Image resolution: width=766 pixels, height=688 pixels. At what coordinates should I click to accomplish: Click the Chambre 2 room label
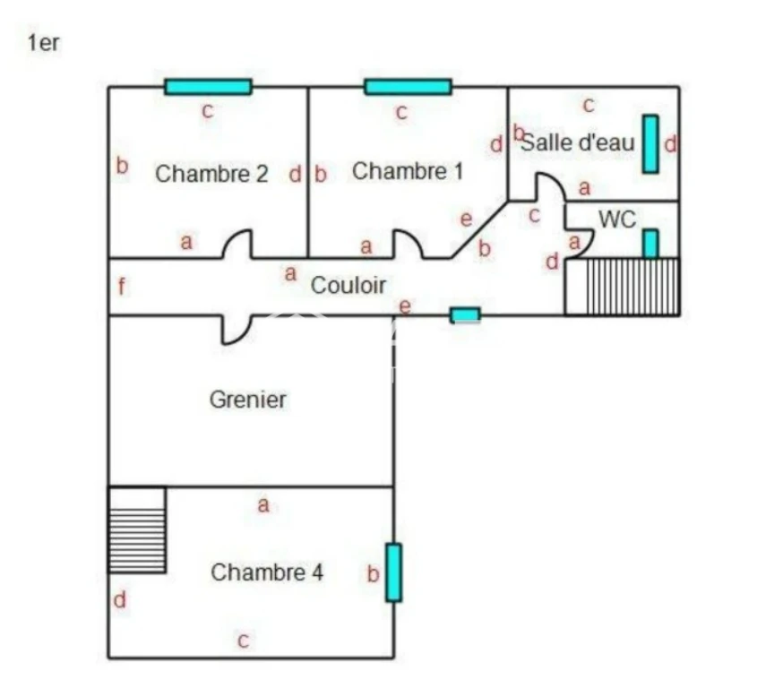(211, 174)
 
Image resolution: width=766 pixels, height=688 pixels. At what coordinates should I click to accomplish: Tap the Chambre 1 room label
(408, 171)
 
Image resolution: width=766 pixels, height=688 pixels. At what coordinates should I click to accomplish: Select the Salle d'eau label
(579, 142)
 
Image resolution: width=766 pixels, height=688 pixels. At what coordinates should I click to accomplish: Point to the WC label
(617, 219)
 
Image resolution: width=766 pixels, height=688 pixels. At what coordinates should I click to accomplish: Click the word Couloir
(349, 286)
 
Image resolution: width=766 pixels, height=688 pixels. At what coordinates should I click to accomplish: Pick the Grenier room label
(247, 400)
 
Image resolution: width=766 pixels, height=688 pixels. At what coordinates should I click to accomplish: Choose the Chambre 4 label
(267, 572)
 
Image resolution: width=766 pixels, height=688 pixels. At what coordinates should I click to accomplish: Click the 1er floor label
(44, 43)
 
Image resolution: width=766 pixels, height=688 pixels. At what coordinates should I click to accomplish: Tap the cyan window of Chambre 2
(208, 87)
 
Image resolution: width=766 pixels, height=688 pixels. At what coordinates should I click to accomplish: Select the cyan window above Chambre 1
(408, 87)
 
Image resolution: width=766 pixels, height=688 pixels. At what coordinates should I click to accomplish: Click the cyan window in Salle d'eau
(650, 144)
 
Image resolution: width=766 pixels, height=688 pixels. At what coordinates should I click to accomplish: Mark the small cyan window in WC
(650, 244)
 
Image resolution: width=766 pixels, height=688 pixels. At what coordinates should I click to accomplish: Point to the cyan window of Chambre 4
(393, 572)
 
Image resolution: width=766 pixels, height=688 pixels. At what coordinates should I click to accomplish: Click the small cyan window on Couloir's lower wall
(465, 315)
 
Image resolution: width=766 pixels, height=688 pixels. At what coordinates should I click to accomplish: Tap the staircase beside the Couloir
(622, 287)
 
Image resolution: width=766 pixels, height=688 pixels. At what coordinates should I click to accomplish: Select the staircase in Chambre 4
(137, 529)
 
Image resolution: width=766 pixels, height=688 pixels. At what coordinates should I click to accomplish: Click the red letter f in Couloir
(122, 287)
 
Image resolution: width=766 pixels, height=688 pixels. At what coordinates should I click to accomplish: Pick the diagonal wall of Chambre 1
(479, 229)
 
